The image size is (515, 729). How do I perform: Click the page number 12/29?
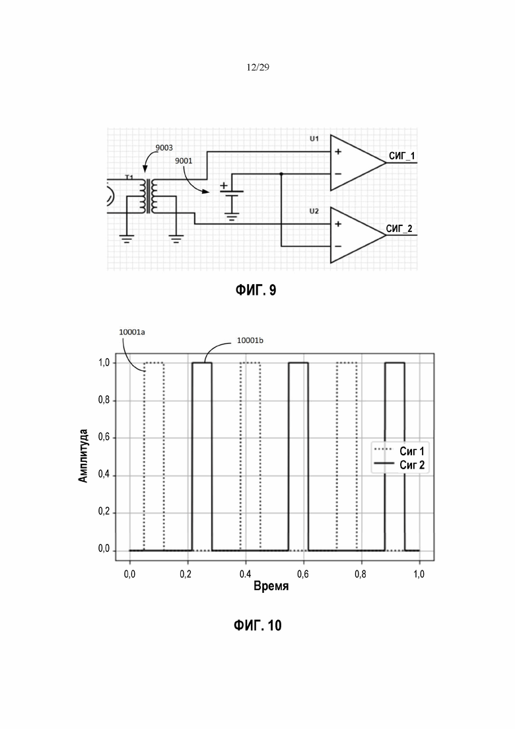tap(257, 67)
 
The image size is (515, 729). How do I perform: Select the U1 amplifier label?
tap(314, 139)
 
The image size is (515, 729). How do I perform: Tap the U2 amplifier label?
tap(314, 211)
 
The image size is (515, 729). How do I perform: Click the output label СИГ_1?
tap(402, 156)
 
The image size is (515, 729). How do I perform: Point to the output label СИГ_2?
tap(399, 229)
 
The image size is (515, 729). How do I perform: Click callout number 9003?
tap(164, 148)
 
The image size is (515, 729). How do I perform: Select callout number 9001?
tap(184, 161)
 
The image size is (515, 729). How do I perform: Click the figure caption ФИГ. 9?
tap(256, 290)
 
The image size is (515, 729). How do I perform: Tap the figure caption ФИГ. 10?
tap(257, 625)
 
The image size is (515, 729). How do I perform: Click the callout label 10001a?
tap(132, 332)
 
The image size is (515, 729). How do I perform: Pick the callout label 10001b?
tap(250, 340)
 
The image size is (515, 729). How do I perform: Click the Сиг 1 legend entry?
tap(412, 451)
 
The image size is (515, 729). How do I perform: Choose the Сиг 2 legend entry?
tap(412, 465)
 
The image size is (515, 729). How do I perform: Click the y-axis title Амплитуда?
tap(83, 456)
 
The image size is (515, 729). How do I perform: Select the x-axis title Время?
tap(271, 586)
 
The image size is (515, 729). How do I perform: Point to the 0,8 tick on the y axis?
tap(104, 400)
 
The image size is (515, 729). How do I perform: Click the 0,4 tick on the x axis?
tap(245, 574)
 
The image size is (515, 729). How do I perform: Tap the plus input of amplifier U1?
tap(338, 151)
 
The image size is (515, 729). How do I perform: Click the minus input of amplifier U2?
tap(338, 247)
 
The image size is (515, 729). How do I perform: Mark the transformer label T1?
tap(129, 177)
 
